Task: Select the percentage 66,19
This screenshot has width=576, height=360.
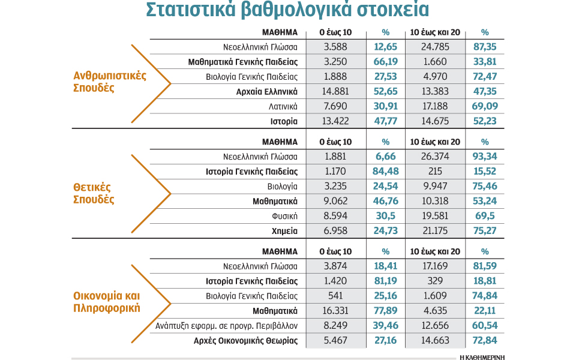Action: pos(386,62)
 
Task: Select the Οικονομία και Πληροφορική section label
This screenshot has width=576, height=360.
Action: pos(107,302)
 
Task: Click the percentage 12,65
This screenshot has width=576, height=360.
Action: pos(386,47)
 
